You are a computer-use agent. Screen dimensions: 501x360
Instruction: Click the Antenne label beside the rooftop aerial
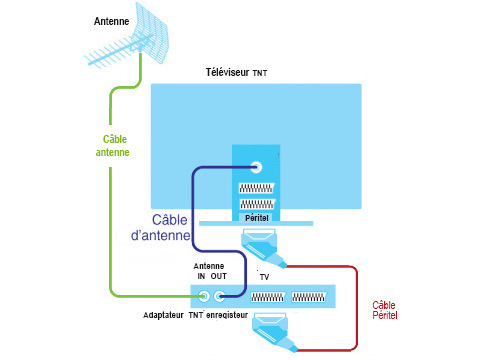111,21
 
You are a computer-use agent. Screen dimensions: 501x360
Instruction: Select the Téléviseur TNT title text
236,72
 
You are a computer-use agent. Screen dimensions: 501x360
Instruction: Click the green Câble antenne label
113,146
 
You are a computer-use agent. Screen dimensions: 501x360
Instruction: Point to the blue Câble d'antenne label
161,227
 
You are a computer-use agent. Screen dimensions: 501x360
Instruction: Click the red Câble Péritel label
385,310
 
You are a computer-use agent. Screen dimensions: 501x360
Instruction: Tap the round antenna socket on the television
256,167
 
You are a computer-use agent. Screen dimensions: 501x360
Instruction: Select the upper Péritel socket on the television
256,188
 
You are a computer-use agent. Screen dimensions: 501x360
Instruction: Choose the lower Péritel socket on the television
257,204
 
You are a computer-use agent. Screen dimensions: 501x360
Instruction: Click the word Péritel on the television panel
257,218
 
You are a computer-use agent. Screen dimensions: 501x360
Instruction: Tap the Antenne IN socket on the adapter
203,296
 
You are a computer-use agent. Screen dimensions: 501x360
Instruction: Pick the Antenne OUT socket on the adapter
219,296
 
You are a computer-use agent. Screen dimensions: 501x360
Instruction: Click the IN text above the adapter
201,276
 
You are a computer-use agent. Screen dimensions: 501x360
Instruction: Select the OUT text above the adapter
219,276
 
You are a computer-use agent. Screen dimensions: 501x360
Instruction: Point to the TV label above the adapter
264,277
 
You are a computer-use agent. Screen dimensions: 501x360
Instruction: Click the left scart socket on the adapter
268,297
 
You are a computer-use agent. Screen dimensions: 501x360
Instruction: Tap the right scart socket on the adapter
309,297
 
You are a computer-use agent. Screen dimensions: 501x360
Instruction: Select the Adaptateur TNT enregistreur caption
196,315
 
